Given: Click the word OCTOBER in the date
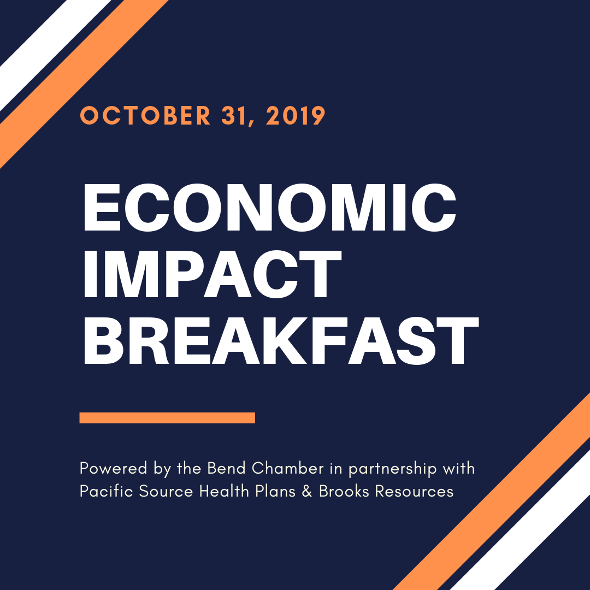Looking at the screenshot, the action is click(x=146, y=115).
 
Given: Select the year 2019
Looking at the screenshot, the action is click(x=296, y=115).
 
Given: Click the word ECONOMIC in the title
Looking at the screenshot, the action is click(x=270, y=208).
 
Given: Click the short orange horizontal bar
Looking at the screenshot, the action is click(x=168, y=418).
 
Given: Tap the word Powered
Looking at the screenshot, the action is click(x=113, y=469).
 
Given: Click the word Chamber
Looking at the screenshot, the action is click(x=288, y=469).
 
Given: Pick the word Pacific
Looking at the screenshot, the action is click(x=107, y=491).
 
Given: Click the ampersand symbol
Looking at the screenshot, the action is click(x=307, y=492).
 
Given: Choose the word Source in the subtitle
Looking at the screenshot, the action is click(x=166, y=492).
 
